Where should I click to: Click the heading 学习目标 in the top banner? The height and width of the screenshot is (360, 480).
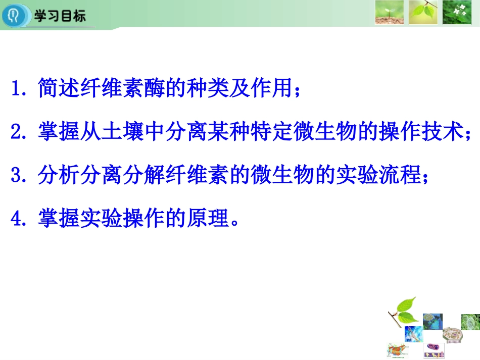coord(60,16)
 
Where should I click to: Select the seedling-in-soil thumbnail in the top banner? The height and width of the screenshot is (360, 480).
coord(389,13)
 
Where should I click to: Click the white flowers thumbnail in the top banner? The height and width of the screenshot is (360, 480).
coord(457,13)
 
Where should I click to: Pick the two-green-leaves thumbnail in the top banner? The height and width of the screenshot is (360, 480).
coord(423,13)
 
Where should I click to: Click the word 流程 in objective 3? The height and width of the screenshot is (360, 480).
coord(399,176)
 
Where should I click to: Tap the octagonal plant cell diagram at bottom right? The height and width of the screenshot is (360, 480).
coord(452,334)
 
